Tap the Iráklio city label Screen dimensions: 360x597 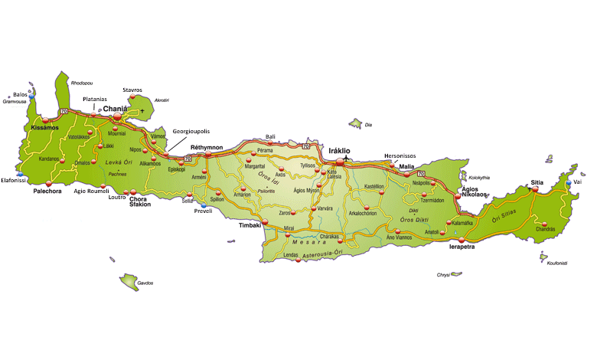(x=340, y=151)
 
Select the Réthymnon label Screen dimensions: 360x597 (x=206, y=146)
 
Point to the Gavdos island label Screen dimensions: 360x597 (x=145, y=283)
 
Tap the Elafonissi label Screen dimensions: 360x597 (x=14, y=181)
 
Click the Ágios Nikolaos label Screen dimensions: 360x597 (x=475, y=191)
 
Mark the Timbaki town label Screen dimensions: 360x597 (x=250, y=226)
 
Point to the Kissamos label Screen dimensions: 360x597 (x=44, y=127)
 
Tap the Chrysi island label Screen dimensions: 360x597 (x=444, y=274)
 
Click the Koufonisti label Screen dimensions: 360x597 (x=557, y=263)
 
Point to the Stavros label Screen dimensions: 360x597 (x=132, y=90)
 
